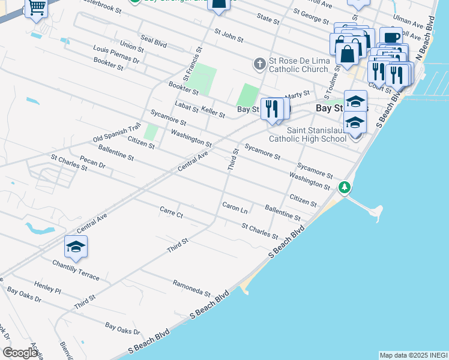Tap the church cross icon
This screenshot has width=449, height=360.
(259, 62)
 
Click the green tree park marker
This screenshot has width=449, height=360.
(345, 187)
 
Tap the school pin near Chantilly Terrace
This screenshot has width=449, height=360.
(76, 246)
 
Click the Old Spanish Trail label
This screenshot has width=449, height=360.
(116, 133)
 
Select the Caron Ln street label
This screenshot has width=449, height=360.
(235, 208)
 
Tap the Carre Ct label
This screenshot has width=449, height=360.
(170, 212)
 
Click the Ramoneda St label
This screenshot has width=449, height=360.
(191, 289)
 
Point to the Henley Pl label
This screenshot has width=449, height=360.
(48, 286)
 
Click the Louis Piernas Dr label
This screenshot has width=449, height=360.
(116, 56)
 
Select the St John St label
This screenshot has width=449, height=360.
(229, 35)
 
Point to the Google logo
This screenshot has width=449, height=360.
(20, 352)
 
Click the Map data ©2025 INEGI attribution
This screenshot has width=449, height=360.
(413, 355)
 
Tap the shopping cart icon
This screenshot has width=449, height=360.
(37, 8)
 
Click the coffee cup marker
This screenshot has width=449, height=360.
(391, 37)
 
